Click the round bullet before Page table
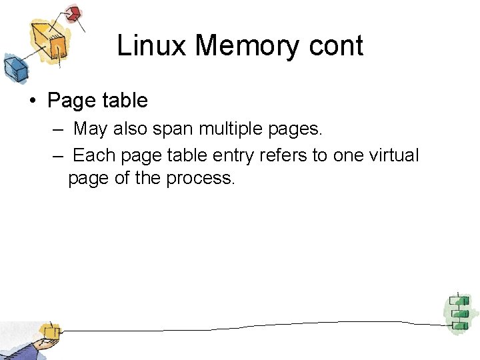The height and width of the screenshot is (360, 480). point(32,101)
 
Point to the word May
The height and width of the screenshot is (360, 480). point(90,129)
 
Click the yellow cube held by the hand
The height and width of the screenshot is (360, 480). point(49,331)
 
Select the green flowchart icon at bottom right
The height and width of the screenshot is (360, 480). point(457,311)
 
